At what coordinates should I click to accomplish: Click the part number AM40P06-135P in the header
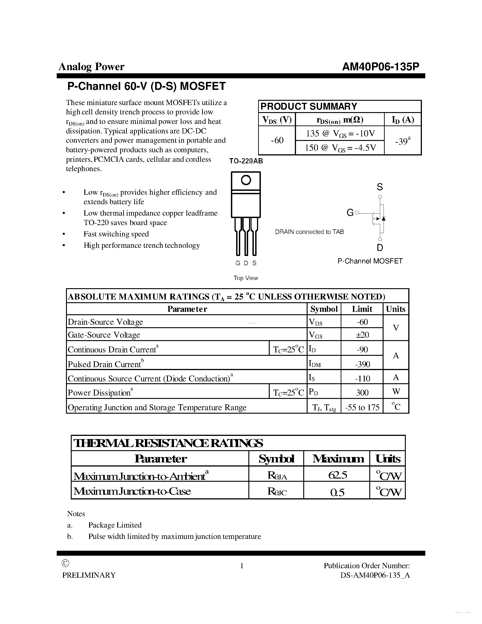(380, 66)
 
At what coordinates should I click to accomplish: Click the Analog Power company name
(91, 66)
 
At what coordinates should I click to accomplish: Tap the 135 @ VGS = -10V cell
(340, 133)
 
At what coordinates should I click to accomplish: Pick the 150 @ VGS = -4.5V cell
(340, 148)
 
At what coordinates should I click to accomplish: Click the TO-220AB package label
(246, 161)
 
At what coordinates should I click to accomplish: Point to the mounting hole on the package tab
(246, 180)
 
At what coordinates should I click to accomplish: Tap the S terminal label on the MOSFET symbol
(379, 187)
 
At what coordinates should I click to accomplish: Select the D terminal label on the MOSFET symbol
(380, 248)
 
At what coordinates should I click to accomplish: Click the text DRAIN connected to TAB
(309, 232)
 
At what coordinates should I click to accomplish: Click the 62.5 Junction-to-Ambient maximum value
(338, 475)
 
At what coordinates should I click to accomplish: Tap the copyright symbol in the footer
(65, 563)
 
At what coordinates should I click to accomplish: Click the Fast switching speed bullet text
(116, 234)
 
